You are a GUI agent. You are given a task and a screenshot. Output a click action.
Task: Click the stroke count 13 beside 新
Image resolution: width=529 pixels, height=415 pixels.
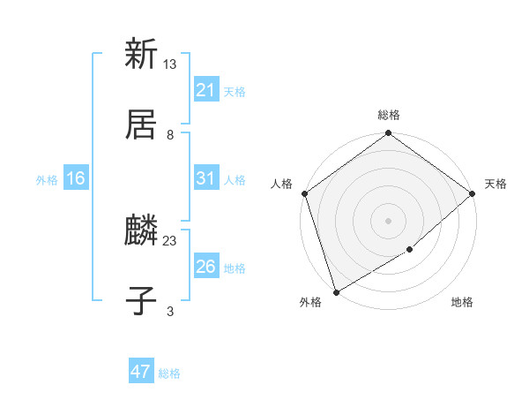[x=170, y=64]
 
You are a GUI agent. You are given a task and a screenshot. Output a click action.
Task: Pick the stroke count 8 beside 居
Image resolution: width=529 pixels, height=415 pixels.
[x=170, y=134]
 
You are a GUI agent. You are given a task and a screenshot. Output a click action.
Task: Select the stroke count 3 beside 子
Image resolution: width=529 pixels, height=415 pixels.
[x=170, y=312]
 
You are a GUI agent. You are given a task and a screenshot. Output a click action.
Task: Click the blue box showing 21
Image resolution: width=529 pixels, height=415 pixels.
[x=206, y=89]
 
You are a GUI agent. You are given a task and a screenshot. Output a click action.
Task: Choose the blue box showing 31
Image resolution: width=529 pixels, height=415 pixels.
[x=206, y=178]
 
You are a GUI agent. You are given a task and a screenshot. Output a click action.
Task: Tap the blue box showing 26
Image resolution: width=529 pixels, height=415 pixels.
[x=206, y=267]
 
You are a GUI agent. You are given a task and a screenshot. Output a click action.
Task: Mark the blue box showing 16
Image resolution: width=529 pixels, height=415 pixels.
[x=76, y=178]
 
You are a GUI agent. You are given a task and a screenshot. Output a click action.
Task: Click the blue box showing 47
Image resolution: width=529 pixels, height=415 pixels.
[x=141, y=372]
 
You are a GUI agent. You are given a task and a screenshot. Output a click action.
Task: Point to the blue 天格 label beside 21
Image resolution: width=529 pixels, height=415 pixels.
[x=235, y=91]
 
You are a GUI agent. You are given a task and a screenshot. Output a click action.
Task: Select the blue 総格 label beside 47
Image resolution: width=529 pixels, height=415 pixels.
[x=169, y=373]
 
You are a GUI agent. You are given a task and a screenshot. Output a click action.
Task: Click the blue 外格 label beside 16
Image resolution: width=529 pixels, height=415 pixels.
[x=47, y=180]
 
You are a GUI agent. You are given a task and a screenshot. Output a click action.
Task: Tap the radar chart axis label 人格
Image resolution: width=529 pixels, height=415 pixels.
[x=282, y=184]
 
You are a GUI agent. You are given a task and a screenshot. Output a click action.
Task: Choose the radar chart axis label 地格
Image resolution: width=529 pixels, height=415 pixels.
[x=462, y=303]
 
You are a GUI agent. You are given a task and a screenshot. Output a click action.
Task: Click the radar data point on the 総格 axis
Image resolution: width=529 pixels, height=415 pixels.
[x=388, y=134]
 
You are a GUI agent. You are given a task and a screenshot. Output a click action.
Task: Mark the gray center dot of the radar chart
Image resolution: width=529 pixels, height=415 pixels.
[x=388, y=220]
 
